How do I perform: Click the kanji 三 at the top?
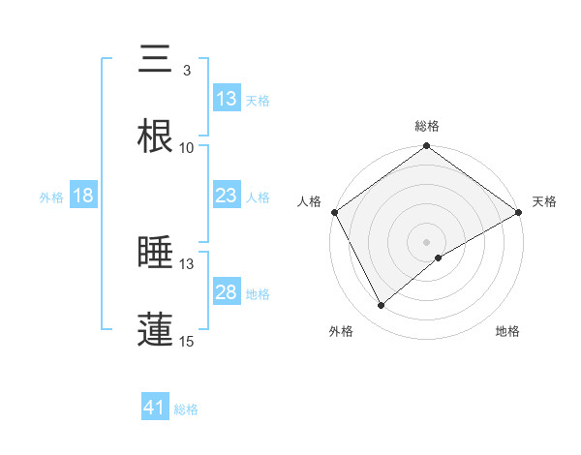click(156, 60)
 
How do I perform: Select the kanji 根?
click(156, 137)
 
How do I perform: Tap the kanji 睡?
click(156, 254)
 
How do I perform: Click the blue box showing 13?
click(227, 99)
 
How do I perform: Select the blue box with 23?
click(227, 197)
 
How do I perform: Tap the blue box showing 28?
click(227, 293)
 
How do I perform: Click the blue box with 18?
click(83, 197)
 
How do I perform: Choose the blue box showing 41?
click(155, 409)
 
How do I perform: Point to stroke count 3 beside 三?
click(186, 71)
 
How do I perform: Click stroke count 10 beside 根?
click(187, 148)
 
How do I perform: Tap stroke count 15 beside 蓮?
click(187, 342)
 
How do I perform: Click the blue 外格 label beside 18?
click(51, 197)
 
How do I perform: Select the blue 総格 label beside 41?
click(186, 409)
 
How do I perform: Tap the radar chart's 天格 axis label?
click(544, 201)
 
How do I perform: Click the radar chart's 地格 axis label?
click(507, 332)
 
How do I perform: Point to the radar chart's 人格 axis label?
click(310, 201)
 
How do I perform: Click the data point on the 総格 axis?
click(427, 147)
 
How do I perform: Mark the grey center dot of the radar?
click(427, 241)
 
